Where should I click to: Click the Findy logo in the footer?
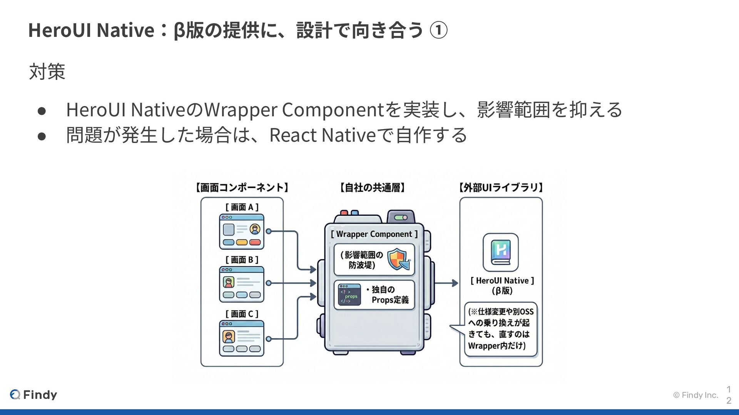(x=33, y=395)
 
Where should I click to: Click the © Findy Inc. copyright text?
(x=696, y=395)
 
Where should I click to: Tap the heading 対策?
(x=47, y=72)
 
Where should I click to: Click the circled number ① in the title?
(x=438, y=30)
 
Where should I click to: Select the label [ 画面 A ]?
(x=242, y=207)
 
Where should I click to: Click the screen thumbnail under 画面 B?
(x=242, y=284)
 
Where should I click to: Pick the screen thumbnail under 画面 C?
(x=242, y=338)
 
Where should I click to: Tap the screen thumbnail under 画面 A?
(x=242, y=232)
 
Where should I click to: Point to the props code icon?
(x=349, y=295)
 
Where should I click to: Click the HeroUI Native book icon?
(x=501, y=252)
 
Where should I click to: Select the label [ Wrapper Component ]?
(x=374, y=234)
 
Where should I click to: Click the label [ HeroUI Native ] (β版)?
(x=502, y=286)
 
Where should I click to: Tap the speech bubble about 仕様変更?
(x=500, y=329)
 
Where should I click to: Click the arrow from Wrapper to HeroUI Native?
(x=446, y=283)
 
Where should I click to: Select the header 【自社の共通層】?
(x=372, y=188)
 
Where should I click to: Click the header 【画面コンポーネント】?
(x=242, y=188)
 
